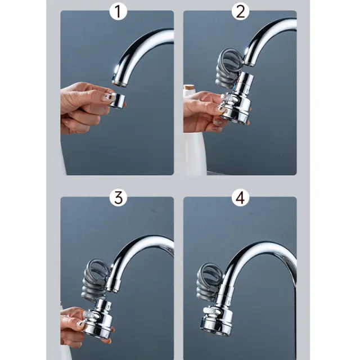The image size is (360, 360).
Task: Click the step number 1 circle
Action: (x=118, y=11)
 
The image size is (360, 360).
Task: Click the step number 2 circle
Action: (x=240, y=11)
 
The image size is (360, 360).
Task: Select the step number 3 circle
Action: (x=118, y=197)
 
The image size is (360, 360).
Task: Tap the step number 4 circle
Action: (x=240, y=197)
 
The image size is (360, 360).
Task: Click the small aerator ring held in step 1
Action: (x=117, y=99)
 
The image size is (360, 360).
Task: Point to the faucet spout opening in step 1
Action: (x=119, y=83)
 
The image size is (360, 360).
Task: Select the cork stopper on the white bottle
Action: (x=189, y=88)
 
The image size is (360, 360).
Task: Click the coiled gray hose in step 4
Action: (x=209, y=281)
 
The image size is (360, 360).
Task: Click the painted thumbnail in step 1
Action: (x=105, y=97)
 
